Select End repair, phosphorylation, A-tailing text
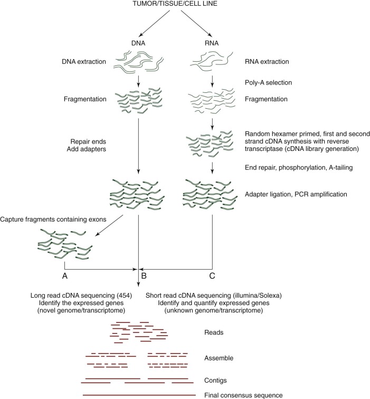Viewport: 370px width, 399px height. tap(299, 168)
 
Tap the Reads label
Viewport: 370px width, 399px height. tap(213, 333)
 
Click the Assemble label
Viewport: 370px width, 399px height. tap(218, 358)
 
